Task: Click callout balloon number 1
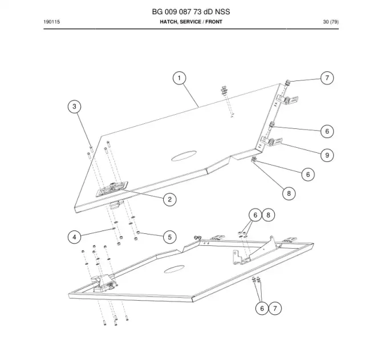pyautogui.click(x=179, y=78)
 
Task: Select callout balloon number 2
pyautogui.click(x=170, y=200)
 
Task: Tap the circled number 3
pyautogui.click(x=74, y=107)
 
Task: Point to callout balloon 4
pyautogui.click(x=74, y=237)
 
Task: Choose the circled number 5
pyautogui.click(x=170, y=237)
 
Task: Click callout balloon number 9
pyautogui.click(x=327, y=155)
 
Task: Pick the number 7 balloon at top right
pyautogui.click(x=327, y=78)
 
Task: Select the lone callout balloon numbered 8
pyautogui.click(x=289, y=193)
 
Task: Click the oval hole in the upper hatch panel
pyautogui.click(x=184, y=156)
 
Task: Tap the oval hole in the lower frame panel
pyautogui.click(x=174, y=269)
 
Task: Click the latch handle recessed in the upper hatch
pyautogui.click(x=112, y=189)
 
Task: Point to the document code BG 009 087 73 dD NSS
pyautogui.click(x=191, y=11)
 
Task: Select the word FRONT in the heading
pyautogui.click(x=214, y=22)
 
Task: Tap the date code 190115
pyautogui.click(x=52, y=22)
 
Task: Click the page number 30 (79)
pyautogui.click(x=331, y=22)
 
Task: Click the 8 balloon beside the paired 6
pyautogui.click(x=269, y=215)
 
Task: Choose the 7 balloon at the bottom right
pyautogui.click(x=275, y=309)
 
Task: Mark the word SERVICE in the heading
pyautogui.click(x=190, y=22)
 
